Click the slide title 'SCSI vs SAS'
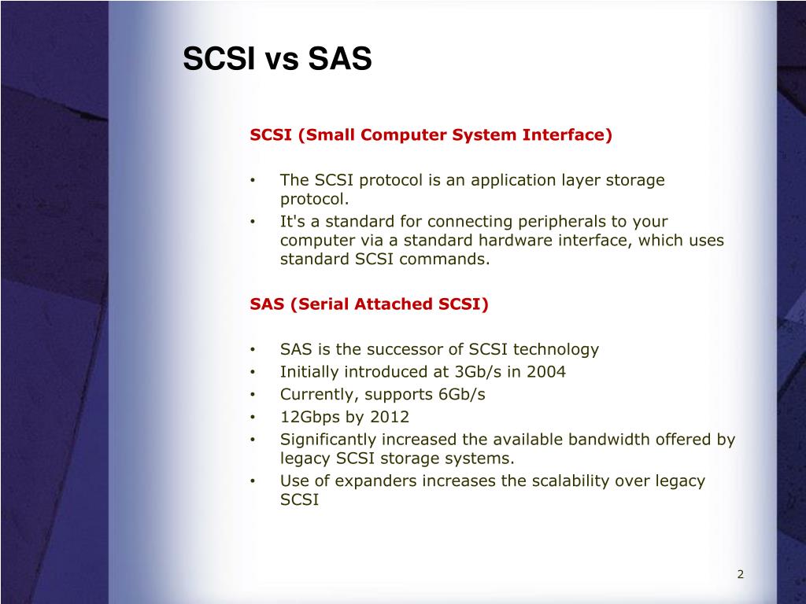[x=277, y=58]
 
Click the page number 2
[x=740, y=574]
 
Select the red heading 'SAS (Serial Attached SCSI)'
[x=369, y=304]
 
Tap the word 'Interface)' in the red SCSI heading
[x=567, y=135]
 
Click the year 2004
[x=546, y=371]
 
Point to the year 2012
[x=390, y=417]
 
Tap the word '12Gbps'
[x=310, y=417]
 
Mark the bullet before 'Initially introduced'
[x=253, y=372]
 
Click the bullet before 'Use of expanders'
[x=253, y=481]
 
